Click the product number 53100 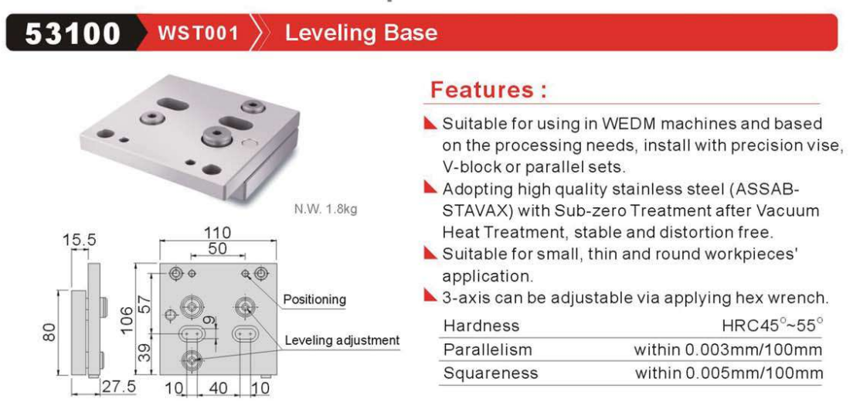tap(73, 34)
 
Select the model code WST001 tap(198, 34)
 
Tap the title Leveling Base tap(362, 33)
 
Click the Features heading tap(488, 89)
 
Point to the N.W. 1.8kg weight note tap(326, 209)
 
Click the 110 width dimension tap(216, 233)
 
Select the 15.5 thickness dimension tap(79, 240)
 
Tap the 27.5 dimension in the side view tap(117, 388)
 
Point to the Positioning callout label tap(314, 299)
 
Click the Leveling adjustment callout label tap(342, 340)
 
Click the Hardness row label tap(481, 326)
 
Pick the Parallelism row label tap(488, 349)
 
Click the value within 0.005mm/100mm tap(729, 373)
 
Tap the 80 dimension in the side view tap(49, 332)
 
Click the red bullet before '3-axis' tap(430, 297)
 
